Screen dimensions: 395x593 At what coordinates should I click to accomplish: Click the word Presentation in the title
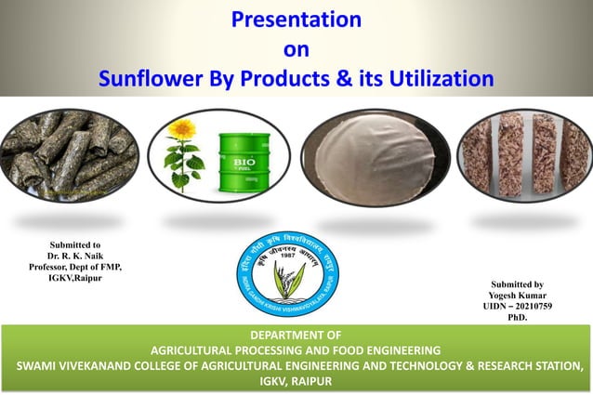[296, 19]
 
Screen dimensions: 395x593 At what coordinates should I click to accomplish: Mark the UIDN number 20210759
[532, 306]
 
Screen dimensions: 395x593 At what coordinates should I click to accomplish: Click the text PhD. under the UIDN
[517, 317]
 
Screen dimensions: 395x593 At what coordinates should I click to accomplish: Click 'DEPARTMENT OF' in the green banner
[296, 334]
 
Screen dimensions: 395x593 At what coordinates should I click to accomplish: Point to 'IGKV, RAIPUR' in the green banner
[296, 381]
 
